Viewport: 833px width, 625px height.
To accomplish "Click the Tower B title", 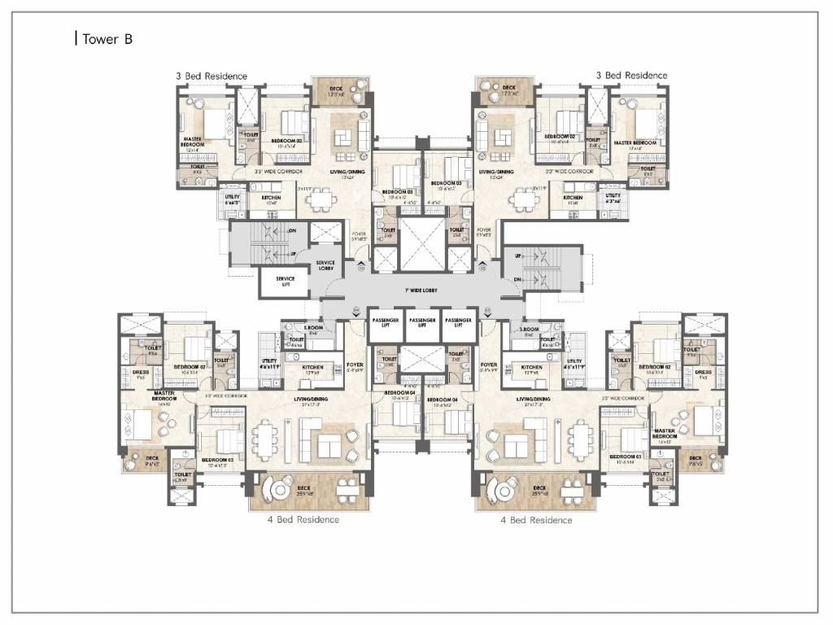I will [105, 39].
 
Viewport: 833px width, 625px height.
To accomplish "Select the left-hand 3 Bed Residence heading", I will [211, 76].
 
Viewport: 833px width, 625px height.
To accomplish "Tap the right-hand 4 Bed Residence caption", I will [535, 519].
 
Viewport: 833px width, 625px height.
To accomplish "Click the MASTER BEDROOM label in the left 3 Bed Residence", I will [193, 143].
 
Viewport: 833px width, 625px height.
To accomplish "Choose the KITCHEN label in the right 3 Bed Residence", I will [574, 198].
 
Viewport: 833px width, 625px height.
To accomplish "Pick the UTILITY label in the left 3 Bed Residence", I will [227, 197].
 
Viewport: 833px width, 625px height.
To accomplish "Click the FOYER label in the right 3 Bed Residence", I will [485, 232].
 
